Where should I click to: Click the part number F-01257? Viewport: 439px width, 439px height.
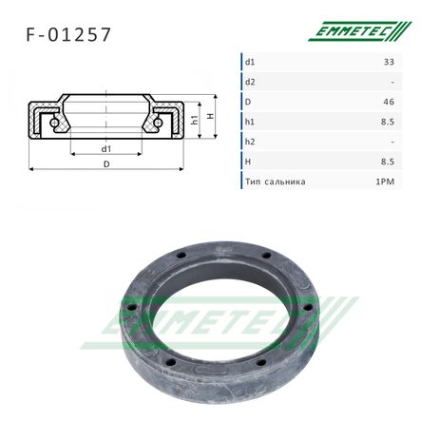(68, 34)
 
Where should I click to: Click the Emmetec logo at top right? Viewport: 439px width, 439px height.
(360, 31)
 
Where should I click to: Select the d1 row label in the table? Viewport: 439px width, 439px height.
(250, 62)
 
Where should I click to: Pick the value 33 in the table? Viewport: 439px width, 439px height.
(389, 62)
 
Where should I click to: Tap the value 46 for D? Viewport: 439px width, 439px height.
(389, 102)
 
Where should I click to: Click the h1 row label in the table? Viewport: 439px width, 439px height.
(250, 122)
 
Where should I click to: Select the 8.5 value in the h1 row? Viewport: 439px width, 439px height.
(388, 122)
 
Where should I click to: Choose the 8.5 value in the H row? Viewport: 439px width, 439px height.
(388, 162)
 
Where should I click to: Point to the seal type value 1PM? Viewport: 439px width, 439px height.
(385, 181)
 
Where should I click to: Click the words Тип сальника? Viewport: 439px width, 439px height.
(276, 181)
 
